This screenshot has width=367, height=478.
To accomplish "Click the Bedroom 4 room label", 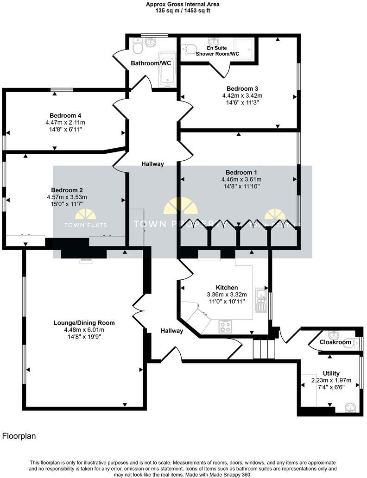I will point(63,115).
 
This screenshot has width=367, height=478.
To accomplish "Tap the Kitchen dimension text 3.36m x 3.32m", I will point(227,295).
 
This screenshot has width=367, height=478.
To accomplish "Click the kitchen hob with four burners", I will point(225,327).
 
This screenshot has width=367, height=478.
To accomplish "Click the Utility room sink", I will point(351,407).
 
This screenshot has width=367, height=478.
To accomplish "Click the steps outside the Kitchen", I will point(264,349).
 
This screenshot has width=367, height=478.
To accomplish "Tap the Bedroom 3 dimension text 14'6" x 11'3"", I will point(239,103).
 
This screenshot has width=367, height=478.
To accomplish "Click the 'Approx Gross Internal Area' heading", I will point(183,4).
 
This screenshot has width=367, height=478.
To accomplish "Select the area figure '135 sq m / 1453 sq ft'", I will point(183,11).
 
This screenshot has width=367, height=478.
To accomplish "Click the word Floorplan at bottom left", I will point(19,436).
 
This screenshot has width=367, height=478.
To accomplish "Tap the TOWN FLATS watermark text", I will point(85,225).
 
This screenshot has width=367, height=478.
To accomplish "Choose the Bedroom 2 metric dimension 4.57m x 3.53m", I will point(67,197).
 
